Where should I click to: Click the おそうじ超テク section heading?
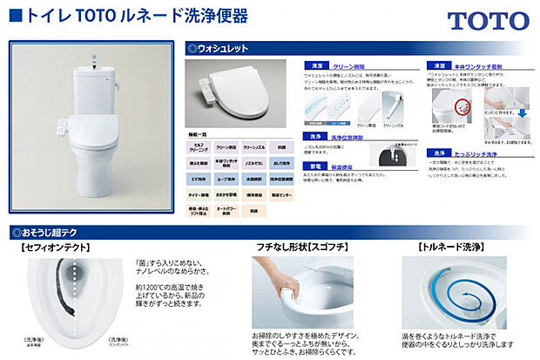[x=46, y=233]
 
